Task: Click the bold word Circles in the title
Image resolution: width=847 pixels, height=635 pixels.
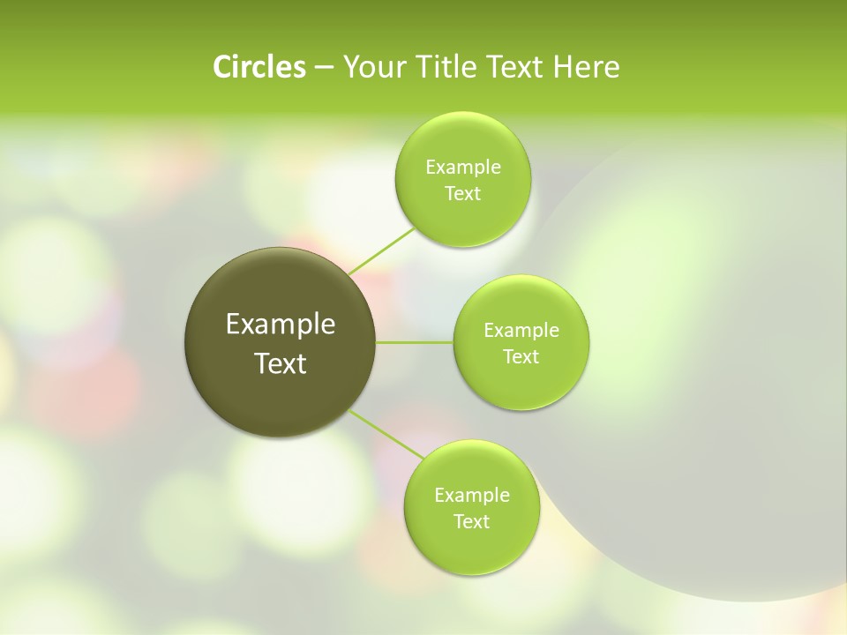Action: pos(259,67)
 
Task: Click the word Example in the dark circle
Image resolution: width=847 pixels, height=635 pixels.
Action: pos(281,325)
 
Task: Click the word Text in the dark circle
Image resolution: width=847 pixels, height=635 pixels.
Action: pos(281,363)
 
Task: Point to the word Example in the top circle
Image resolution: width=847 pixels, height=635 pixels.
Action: pos(462,168)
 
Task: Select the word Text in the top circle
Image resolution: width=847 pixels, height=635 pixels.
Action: pos(462,194)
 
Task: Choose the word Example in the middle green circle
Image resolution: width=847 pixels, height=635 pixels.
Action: pos(521,331)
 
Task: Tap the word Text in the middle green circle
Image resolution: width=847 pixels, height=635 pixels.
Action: pos(521,357)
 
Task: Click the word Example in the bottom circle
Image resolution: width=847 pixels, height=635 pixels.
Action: pos(471,496)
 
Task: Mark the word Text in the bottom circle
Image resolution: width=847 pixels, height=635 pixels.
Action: pos(471,522)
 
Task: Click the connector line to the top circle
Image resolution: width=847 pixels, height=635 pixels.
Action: pos(381,250)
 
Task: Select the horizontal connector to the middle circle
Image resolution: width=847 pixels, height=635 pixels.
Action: pos(415,342)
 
